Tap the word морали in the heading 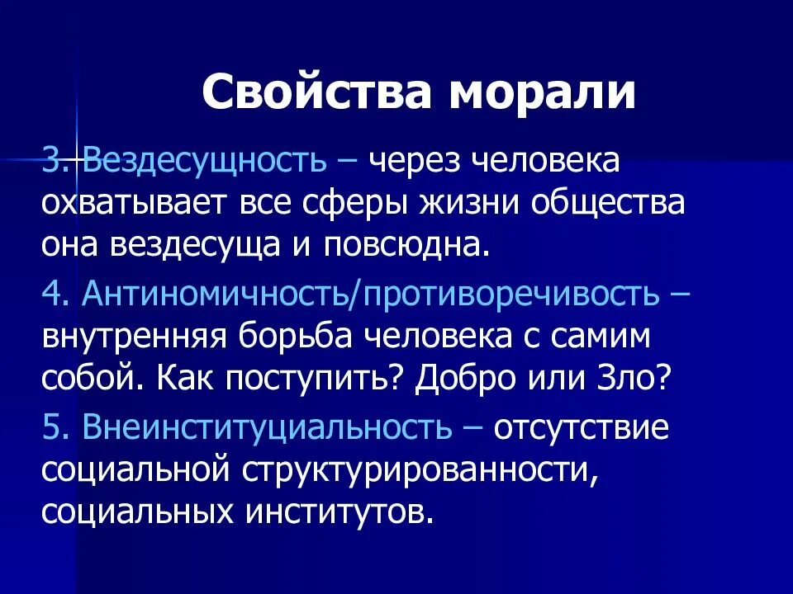pos(544,92)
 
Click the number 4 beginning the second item pos(50,295)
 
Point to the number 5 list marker pos(50,427)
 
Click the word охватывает pos(134,202)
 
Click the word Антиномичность pos(216,295)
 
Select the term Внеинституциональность pos(267,427)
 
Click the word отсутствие pos(582,427)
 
